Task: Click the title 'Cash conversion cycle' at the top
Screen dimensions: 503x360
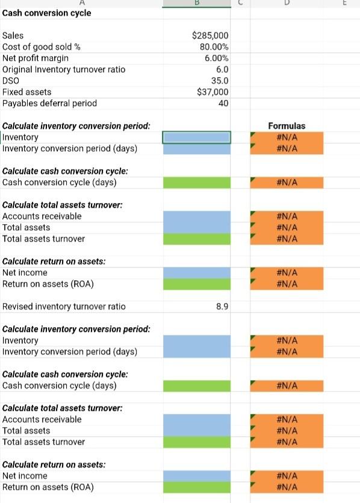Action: [x=47, y=13]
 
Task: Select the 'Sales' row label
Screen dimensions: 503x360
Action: [x=13, y=36]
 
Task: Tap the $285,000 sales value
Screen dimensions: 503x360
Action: [x=209, y=36]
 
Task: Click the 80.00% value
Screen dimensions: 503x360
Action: [x=214, y=47]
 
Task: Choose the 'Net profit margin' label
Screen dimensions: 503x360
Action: [x=36, y=58]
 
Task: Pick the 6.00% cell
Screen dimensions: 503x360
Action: [x=216, y=58]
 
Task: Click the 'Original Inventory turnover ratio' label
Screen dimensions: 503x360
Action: [x=64, y=69]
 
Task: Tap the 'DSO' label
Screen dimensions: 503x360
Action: [x=11, y=80]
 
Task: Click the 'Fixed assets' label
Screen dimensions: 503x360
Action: [x=27, y=92]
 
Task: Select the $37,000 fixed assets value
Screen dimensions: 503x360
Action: [x=213, y=92]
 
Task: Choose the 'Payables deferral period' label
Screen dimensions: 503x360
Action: [x=49, y=103]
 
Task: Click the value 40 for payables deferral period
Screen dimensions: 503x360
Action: [x=223, y=103]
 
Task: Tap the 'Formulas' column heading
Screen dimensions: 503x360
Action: [x=287, y=126]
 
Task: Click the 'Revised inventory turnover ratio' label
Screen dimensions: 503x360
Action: [x=64, y=307]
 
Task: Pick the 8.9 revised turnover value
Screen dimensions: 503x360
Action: [x=222, y=307]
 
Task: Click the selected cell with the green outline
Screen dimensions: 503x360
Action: [x=196, y=137]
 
